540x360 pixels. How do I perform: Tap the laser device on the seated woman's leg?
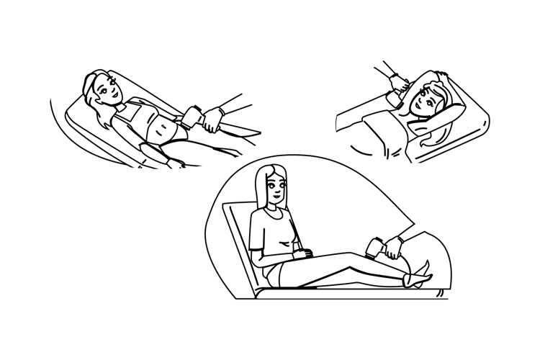pyautogui.click(x=377, y=247)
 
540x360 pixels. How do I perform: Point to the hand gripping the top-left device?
pyautogui.click(x=210, y=120)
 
